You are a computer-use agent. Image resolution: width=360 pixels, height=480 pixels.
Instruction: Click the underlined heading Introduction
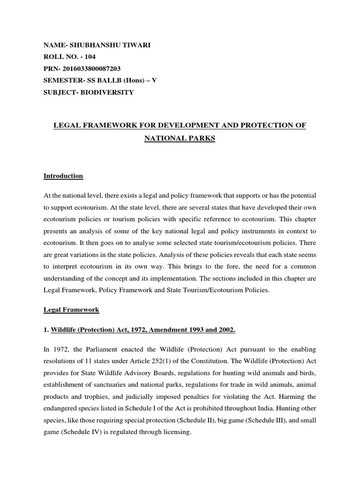(x=63, y=176)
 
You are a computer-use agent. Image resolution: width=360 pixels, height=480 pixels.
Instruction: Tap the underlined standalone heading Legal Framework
(x=71, y=310)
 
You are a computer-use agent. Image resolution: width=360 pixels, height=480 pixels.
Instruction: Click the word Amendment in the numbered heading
(x=150, y=330)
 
